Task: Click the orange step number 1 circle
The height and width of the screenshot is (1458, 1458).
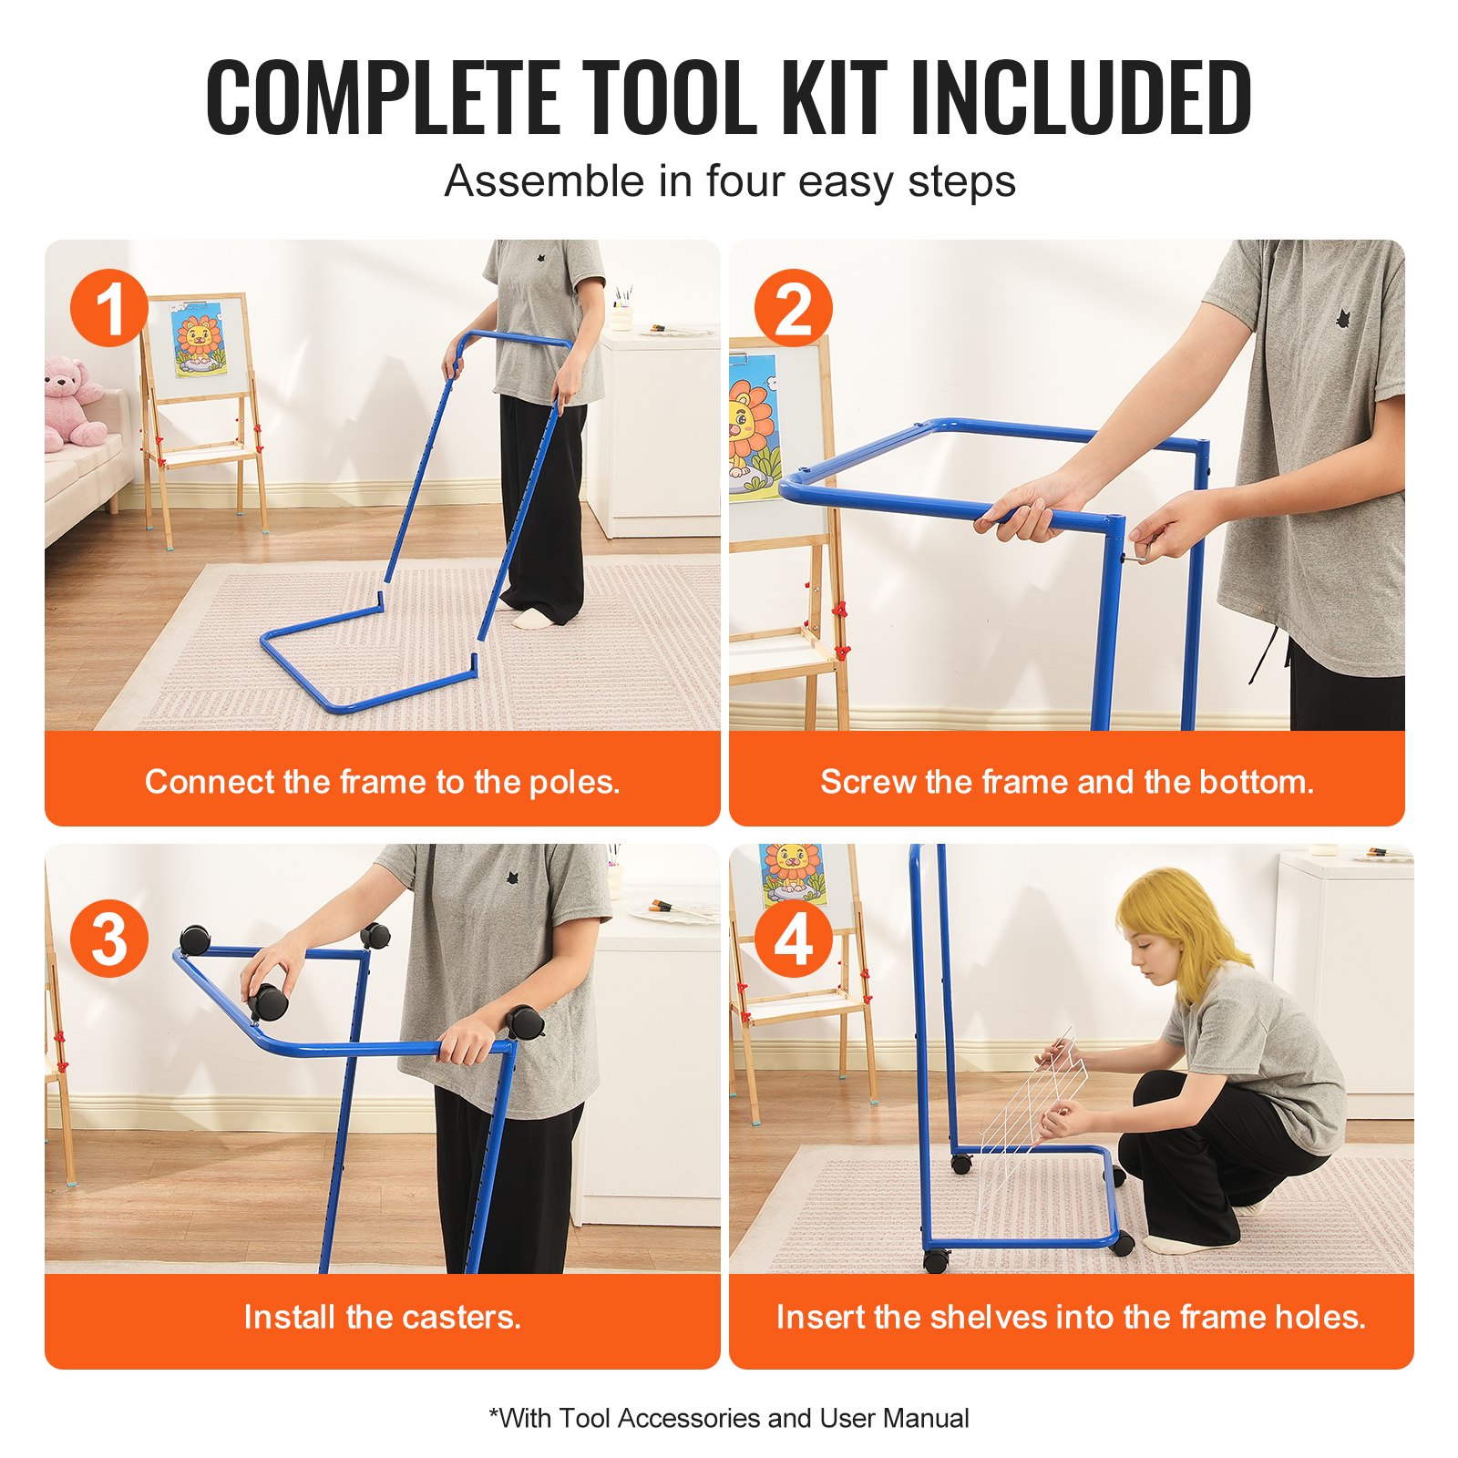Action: pos(109,308)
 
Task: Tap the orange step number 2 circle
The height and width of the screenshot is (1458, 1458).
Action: pos(793,308)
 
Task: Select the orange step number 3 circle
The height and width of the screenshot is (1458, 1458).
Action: pos(109,939)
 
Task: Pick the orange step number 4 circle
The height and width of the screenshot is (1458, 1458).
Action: pos(793,939)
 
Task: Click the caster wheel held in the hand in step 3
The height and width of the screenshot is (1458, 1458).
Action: pos(268,1001)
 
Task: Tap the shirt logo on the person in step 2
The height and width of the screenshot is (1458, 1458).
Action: pos(1342,318)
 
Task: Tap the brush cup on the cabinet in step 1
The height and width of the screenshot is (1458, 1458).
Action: pos(622,312)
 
